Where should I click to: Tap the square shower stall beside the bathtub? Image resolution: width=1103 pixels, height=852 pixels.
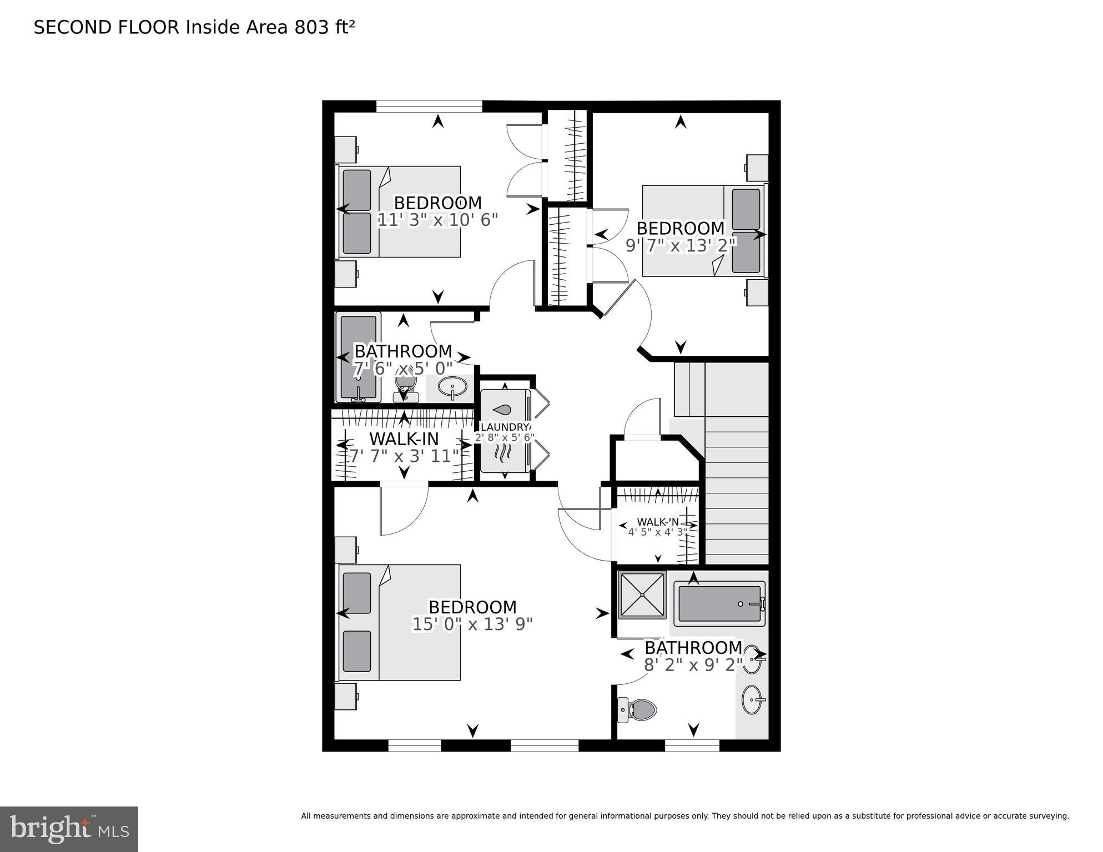pyautogui.click(x=642, y=595)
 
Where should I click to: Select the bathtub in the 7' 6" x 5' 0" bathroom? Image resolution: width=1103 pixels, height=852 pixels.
pyautogui.click(x=358, y=357)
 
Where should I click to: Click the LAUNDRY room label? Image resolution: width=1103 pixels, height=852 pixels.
pyautogui.click(x=505, y=427)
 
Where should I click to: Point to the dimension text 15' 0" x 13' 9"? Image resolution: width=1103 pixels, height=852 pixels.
pyautogui.click(x=472, y=624)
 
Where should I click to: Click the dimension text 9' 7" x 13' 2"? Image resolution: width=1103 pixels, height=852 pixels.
pyautogui.click(x=681, y=245)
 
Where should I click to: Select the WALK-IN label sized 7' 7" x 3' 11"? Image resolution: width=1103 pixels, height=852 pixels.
pyautogui.click(x=404, y=439)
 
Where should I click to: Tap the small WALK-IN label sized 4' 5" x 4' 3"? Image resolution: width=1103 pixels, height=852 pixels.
pyautogui.click(x=657, y=522)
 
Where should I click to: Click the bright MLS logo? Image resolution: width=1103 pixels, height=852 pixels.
pyautogui.click(x=69, y=829)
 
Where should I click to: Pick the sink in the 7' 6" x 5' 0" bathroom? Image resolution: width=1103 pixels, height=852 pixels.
pyautogui.click(x=452, y=386)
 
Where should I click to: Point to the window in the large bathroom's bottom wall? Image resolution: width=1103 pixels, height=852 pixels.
pyautogui.click(x=692, y=745)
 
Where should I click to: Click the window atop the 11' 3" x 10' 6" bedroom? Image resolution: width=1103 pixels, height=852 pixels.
pyautogui.click(x=429, y=106)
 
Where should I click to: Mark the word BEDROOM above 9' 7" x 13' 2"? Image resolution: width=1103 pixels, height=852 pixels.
pyautogui.click(x=681, y=228)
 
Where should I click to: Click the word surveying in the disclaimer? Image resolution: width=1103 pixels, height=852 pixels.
pyautogui.click(x=1049, y=816)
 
